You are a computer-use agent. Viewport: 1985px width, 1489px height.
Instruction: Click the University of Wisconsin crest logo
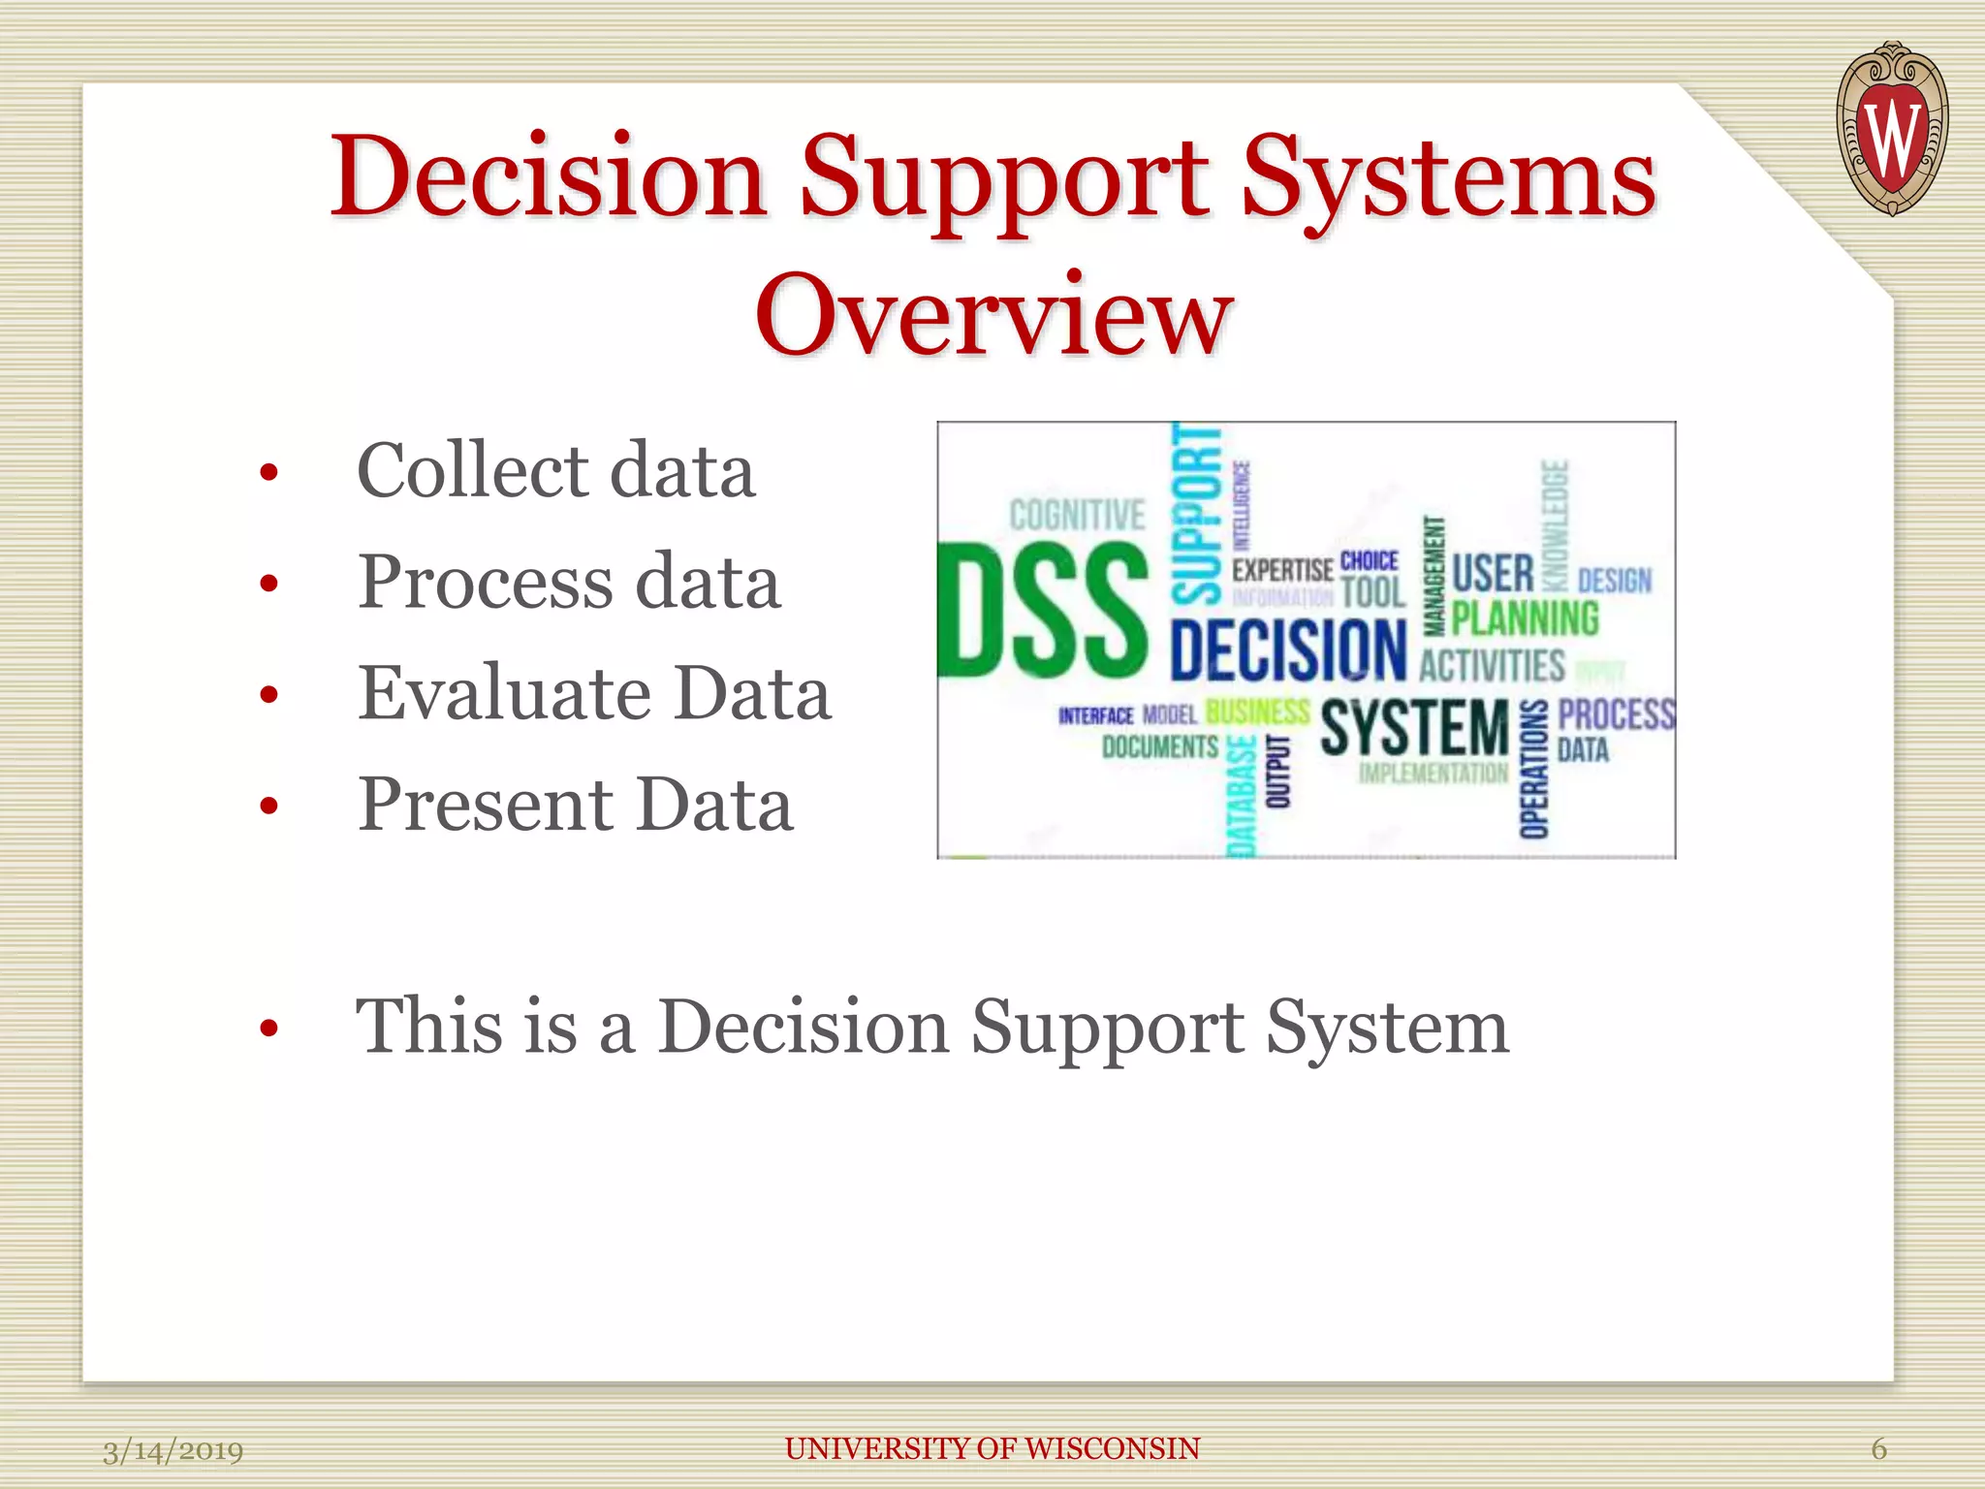[x=1891, y=129]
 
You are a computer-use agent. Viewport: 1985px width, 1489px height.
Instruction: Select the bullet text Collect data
[x=555, y=471]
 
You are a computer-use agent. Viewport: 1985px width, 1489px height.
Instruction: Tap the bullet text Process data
[x=569, y=583]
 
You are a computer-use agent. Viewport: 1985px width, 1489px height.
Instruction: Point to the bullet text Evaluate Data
[x=594, y=694]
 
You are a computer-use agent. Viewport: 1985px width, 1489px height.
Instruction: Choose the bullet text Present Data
[x=576, y=806]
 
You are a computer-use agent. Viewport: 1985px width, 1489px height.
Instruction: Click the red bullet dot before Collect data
[x=269, y=473]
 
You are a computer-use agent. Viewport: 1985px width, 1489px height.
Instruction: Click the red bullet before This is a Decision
[x=269, y=1029]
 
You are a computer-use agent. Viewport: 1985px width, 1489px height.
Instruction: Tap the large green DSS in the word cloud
[x=1044, y=611]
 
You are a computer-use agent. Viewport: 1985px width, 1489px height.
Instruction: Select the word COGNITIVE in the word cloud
[x=1077, y=516]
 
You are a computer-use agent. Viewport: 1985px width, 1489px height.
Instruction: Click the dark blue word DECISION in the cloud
[x=1287, y=649]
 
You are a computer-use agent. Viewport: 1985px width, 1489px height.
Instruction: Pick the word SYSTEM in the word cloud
[x=1414, y=728]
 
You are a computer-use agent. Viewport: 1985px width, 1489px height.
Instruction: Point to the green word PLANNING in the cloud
[x=1525, y=618]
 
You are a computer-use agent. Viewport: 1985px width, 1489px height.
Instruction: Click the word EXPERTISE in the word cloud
[x=1282, y=570]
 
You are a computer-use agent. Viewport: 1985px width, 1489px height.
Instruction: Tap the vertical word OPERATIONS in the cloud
[x=1533, y=769]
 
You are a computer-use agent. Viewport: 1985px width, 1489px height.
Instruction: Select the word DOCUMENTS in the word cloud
[x=1160, y=746]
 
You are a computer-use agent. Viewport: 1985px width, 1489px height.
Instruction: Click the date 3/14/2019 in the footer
[x=173, y=1451]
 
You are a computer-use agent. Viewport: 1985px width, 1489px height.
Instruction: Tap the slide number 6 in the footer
[x=1878, y=1449]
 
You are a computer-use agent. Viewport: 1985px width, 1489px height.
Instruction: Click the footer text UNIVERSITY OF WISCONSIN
[x=992, y=1449]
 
